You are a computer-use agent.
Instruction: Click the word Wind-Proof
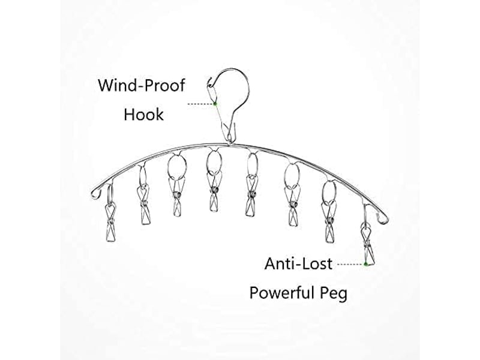(x=142, y=85)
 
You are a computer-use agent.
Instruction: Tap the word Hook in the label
(x=143, y=115)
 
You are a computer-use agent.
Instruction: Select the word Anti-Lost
(x=298, y=263)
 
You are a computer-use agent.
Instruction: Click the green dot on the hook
(x=215, y=104)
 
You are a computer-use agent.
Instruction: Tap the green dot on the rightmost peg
(x=365, y=264)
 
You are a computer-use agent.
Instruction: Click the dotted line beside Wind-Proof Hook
(x=200, y=104)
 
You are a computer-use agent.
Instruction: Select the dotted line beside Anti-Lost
(x=350, y=264)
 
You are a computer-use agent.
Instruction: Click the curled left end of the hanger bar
(x=96, y=194)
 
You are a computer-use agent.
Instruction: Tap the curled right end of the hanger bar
(x=383, y=218)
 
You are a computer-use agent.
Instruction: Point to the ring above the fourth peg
(x=207, y=162)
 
